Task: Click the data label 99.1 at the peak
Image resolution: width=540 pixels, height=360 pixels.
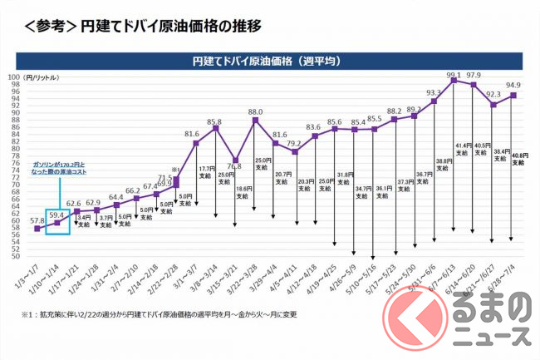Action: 453,75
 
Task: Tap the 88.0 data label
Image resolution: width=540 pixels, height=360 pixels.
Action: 255,111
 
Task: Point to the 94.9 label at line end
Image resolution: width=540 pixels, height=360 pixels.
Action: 513,86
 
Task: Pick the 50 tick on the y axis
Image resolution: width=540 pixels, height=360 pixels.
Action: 15,256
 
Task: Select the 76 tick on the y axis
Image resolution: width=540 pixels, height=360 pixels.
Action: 15,163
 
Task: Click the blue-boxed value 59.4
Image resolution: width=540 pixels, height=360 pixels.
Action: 56,215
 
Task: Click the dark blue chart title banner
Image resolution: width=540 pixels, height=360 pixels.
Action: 270,61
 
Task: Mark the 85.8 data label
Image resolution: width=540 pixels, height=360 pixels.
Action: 214,121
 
